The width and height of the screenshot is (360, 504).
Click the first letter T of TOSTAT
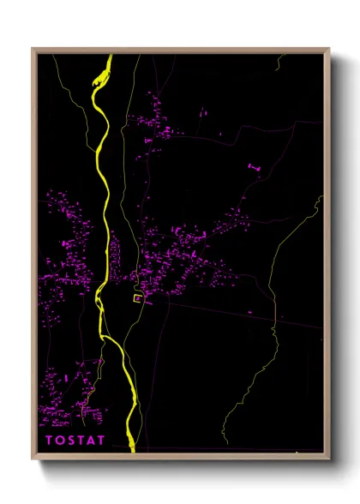[x=49, y=441]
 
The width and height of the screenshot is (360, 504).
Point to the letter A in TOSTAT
[x=92, y=441]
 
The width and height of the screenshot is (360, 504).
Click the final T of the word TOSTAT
[x=102, y=441]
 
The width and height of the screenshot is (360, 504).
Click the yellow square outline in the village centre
[x=137, y=298]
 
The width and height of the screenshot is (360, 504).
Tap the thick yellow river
[x=105, y=214]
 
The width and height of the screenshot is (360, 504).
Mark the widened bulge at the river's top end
[x=100, y=78]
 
